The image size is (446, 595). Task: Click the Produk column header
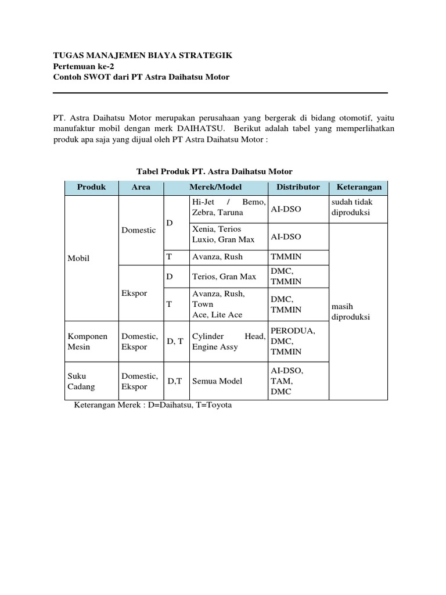[91, 187]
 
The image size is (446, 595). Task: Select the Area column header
[141, 187]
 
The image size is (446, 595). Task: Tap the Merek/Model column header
[215, 187]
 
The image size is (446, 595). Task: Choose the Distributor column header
[298, 187]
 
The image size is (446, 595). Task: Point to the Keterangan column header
[359, 187]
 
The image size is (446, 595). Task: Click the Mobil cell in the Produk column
[78, 258]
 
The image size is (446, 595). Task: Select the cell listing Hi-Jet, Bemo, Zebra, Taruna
[229, 207]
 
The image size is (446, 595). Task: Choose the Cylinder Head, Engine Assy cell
[229, 341]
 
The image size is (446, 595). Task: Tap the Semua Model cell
[217, 381]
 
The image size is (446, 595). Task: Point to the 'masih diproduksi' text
[350, 312]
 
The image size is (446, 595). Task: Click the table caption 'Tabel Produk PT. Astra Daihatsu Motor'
[214, 171]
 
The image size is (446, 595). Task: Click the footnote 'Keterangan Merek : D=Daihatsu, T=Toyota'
[153, 405]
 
